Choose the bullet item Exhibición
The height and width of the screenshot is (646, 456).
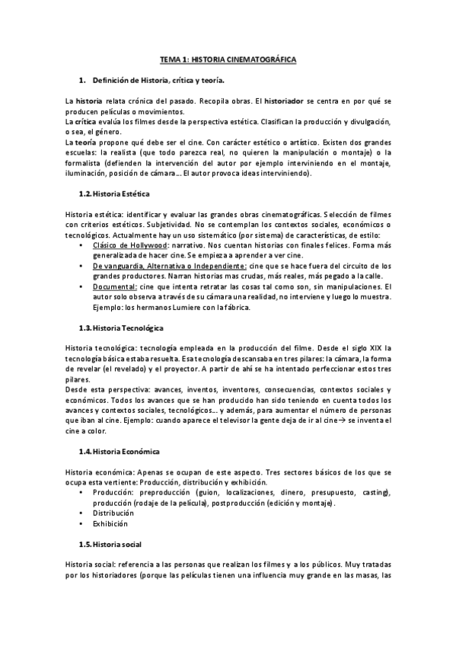110,524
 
